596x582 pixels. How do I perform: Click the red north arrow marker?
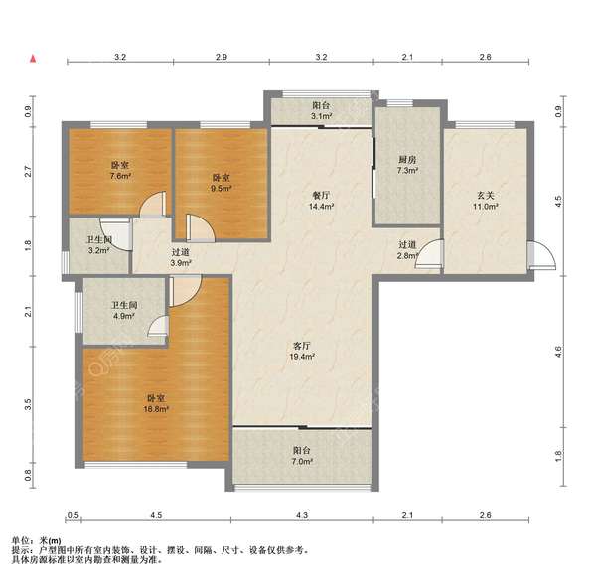pos(33,59)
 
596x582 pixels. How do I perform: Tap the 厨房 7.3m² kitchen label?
pos(407,165)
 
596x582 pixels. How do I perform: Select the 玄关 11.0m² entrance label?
pos(486,201)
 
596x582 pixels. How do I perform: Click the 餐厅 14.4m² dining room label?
pos(321,201)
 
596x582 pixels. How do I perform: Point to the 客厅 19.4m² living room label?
pos(302,351)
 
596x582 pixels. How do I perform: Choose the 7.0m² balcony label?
pos(302,456)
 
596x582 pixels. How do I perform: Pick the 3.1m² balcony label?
pos(321,110)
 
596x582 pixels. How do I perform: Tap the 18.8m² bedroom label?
pos(156,403)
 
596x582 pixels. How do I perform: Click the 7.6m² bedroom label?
pos(120,171)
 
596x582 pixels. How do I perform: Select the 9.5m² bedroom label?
pos(221,183)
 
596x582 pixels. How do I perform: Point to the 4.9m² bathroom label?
pos(124,310)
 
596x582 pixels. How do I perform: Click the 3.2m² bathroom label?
pos(98,245)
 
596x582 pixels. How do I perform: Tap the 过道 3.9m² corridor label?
pos(181,257)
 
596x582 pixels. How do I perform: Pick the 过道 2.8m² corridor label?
pos(407,250)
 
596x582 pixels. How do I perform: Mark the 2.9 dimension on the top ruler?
pos(222,57)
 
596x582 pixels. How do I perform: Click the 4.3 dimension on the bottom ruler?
pos(302,515)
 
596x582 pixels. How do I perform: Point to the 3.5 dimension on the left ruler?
pos(28,405)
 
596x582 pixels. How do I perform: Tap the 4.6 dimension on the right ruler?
pos(558,352)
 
